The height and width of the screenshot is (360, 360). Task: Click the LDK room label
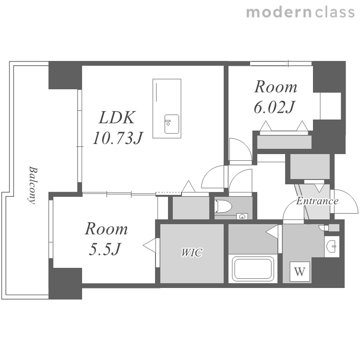(x=117, y=118)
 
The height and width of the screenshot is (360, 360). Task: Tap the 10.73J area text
(x=118, y=138)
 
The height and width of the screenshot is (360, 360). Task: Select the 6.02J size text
(x=274, y=107)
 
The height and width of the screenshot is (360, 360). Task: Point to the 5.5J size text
(x=105, y=249)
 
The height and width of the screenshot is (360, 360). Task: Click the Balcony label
(x=33, y=185)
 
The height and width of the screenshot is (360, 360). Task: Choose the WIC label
(x=192, y=252)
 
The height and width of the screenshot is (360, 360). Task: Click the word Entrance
(x=317, y=201)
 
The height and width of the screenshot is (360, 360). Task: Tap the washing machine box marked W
(x=300, y=272)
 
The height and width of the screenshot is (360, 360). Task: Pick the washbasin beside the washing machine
(x=332, y=246)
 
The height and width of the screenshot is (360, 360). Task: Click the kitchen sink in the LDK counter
(x=171, y=124)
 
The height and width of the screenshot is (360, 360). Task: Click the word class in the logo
(x=335, y=12)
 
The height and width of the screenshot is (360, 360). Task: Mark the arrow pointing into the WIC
(x=149, y=246)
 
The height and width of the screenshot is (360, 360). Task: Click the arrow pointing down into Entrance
(x=319, y=188)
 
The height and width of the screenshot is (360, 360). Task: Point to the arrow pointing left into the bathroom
(x=272, y=232)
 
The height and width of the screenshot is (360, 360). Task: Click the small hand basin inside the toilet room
(x=242, y=216)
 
